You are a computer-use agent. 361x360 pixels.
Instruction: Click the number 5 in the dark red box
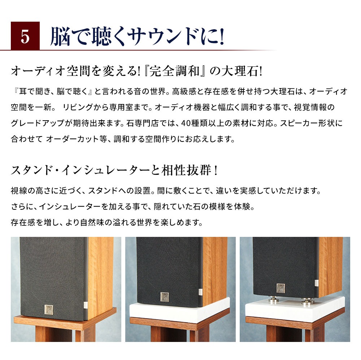(x=25, y=37)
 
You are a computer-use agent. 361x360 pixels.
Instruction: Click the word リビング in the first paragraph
(x=78, y=107)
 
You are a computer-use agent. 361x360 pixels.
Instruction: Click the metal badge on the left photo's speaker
(x=49, y=310)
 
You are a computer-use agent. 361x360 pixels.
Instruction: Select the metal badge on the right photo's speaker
(x=280, y=288)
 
